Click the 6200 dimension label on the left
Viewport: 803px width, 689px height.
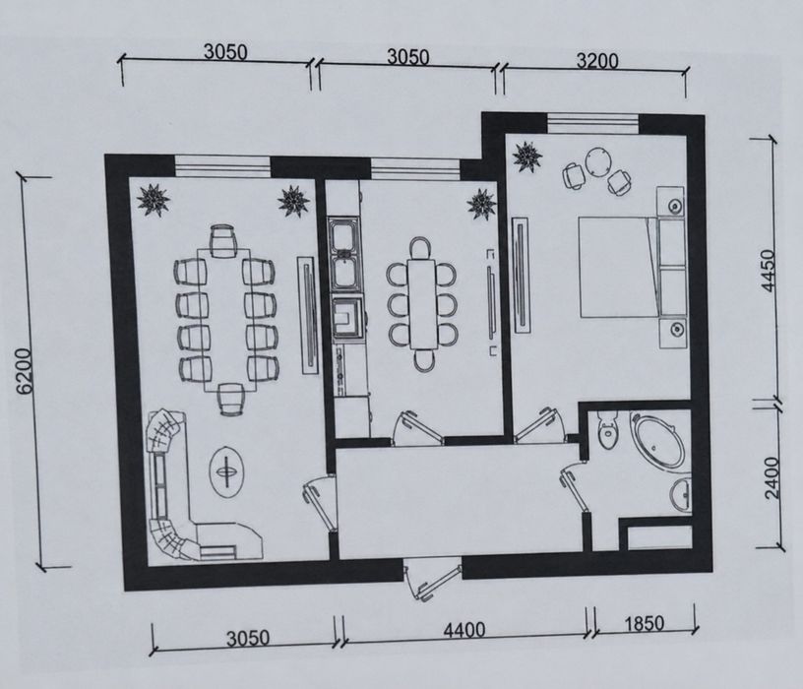pos(26,371)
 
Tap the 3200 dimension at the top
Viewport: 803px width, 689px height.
pos(597,61)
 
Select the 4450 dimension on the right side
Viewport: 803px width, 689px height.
pos(769,270)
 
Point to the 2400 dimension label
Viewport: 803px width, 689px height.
pos(772,477)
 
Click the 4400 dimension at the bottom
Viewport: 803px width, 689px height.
pos(463,630)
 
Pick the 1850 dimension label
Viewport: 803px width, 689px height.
pos(644,623)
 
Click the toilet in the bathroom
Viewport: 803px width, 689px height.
pos(607,430)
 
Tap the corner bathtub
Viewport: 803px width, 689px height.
pos(659,441)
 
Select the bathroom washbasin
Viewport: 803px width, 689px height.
pos(681,494)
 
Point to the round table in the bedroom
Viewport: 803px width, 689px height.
pos(597,163)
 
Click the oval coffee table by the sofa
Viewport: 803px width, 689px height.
pos(227,471)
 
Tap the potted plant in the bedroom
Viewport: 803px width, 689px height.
pos(527,157)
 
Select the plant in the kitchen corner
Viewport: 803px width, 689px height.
pos(481,204)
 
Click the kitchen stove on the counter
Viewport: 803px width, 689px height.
pos(349,320)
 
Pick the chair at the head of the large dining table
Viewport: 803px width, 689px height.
pos(223,241)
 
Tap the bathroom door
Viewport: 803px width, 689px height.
pos(574,485)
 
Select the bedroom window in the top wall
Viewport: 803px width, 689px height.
pos(592,123)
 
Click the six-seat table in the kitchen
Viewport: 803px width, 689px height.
pos(422,303)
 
